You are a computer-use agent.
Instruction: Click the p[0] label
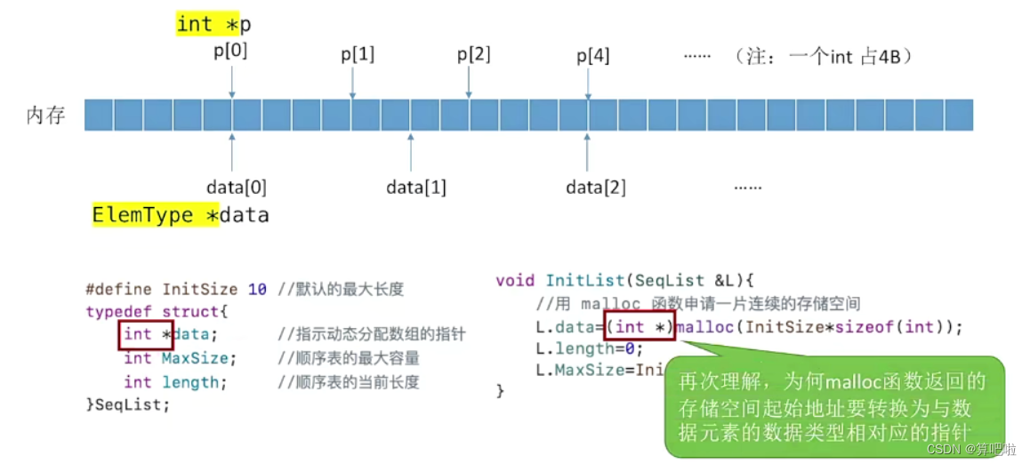pyautogui.click(x=230, y=52)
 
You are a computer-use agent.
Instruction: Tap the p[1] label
pyautogui.click(x=358, y=54)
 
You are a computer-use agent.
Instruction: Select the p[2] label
pyautogui.click(x=474, y=54)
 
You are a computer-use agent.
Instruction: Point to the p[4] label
pyautogui.click(x=593, y=57)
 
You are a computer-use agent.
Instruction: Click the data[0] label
pyautogui.click(x=237, y=188)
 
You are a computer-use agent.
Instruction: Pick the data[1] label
pyautogui.click(x=416, y=188)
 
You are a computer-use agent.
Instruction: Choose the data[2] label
pyautogui.click(x=596, y=188)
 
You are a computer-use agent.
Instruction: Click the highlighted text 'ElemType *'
pyautogui.click(x=155, y=215)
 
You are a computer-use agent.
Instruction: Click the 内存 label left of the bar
pyautogui.click(x=46, y=116)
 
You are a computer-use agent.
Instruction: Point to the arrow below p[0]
pyautogui.click(x=231, y=82)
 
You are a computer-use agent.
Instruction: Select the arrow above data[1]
pyautogui.click(x=410, y=152)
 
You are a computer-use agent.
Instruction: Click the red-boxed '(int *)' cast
pyautogui.click(x=640, y=327)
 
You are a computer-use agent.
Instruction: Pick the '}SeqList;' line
pyautogui.click(x=127, y=404)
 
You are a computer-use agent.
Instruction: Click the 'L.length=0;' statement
pyautogui.click(x=577, y=348)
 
